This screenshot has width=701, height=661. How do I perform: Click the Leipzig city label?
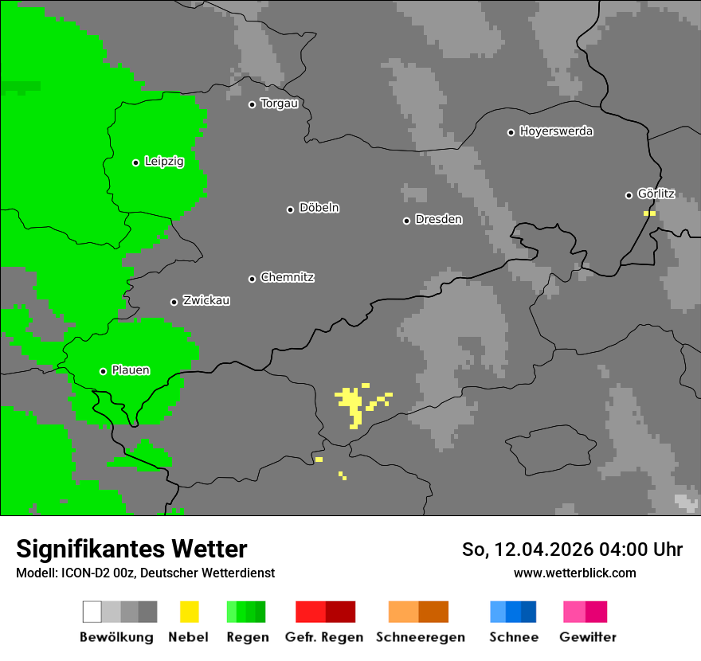(x=164, y=162)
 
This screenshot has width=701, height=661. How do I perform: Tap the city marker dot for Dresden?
(x=406, y=221)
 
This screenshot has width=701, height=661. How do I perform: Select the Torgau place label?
(x=279, y=104)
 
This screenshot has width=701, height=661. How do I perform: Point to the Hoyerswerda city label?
(x=556, y=131)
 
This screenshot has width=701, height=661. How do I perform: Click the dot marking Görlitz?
(x=629, y=195)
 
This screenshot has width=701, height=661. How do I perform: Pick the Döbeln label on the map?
(x=319, y=208)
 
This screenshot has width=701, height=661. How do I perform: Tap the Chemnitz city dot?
(x=253, y=279)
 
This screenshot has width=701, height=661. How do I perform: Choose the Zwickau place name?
(x=206, y=301)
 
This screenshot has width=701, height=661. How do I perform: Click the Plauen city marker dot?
(x=103, y=371)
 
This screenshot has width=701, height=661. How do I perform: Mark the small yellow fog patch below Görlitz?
(x=649, y=213)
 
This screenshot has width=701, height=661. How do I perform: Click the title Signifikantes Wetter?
(x=131, y=550)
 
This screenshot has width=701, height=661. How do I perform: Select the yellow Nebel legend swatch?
(x=189, y=612)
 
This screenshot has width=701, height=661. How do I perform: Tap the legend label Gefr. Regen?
(x=323, y=637)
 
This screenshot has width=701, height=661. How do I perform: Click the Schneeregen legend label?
(x=420, y=637)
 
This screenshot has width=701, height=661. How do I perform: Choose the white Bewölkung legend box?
(x=92, y=612)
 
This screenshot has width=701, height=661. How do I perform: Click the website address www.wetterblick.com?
(x=574, y=573)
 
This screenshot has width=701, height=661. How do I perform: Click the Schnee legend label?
(x=513, y=637)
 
